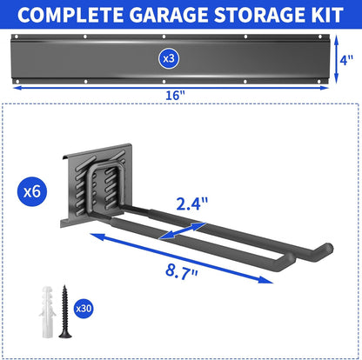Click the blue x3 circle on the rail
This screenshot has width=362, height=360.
(x=169, y=57)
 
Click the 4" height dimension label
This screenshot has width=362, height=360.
(x=346, y=59)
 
